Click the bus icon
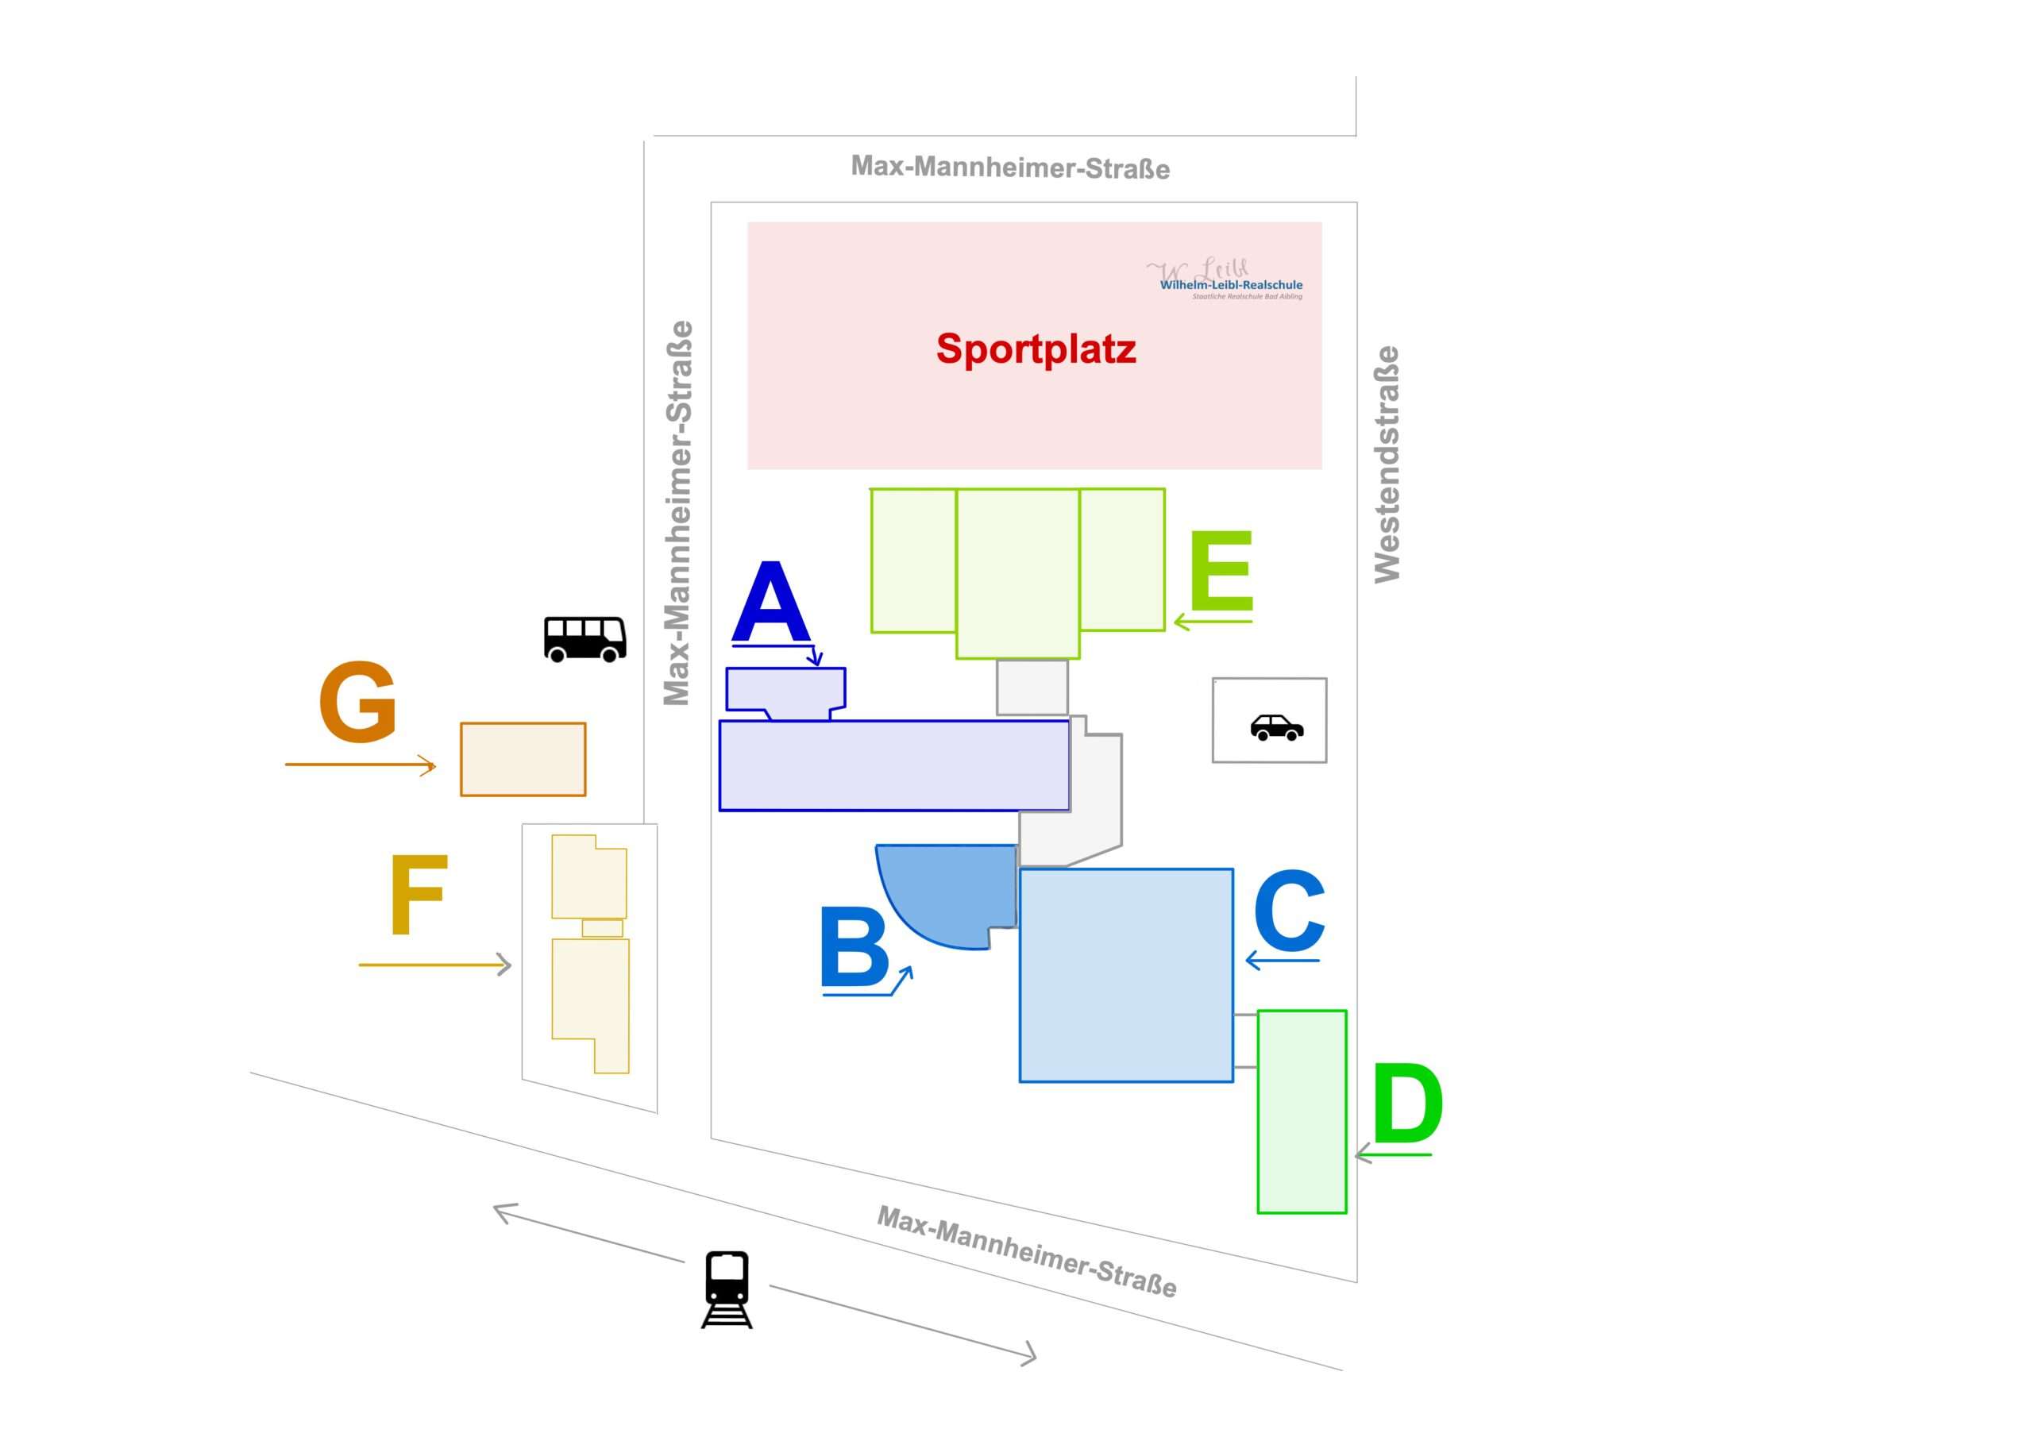(x=584, y=638)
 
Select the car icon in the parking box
(x=1276, y=727)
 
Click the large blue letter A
(x=771, y=604)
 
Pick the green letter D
(x=1407, y=1104)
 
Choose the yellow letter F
(x=419, y=894)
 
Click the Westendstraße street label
(x=1387, y=464)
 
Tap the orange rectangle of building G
(x=523, y=759)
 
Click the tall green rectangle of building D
(x=1302, y=1111)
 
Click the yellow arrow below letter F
(x=434, y=964)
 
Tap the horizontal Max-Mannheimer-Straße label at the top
(x=1009, y=167)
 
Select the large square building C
(x=1125, y=975)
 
